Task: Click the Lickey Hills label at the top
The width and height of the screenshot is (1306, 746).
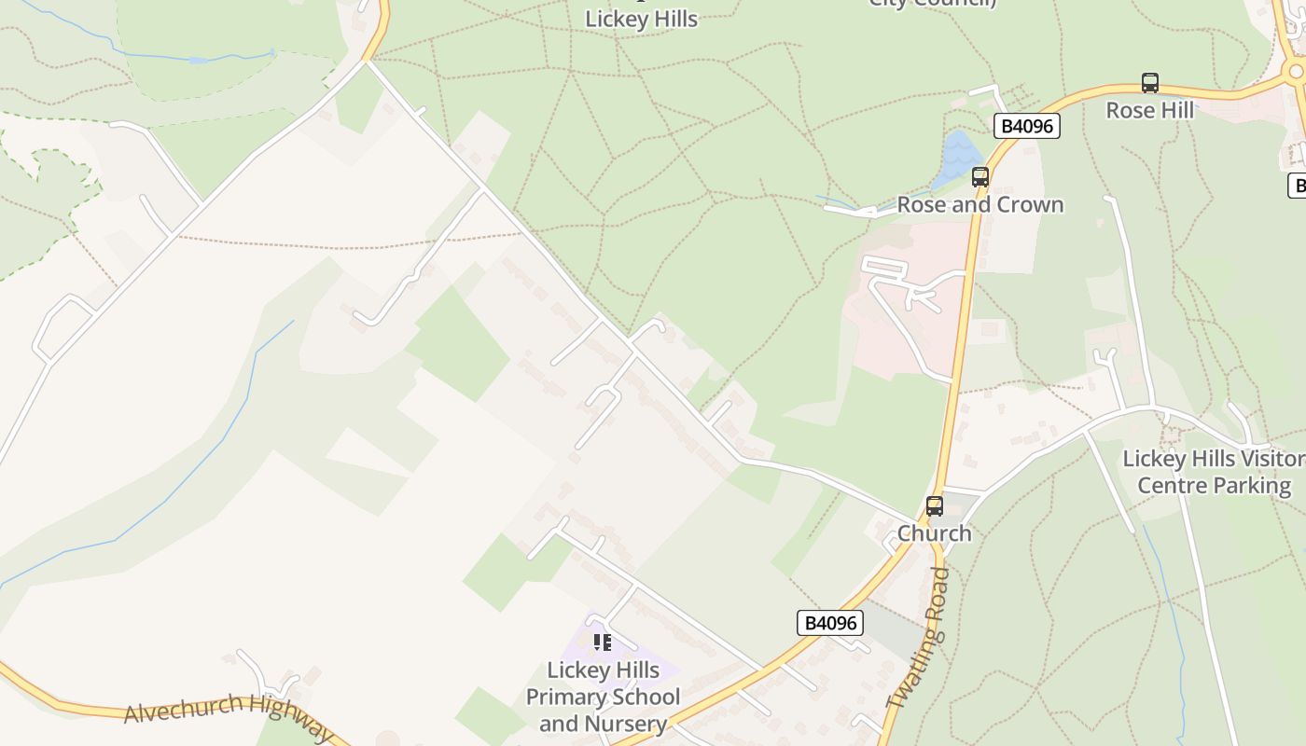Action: (x=641, y=19)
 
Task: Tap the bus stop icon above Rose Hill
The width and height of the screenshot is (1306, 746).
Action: (x=1150, y=83)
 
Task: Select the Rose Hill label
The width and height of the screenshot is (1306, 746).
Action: (x=1149, y=110)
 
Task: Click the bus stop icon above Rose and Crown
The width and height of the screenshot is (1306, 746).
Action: (x=979, y=176)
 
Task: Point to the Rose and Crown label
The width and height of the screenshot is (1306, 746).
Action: (x=979, y=204)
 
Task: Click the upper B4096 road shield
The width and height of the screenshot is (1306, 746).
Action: (x=1026, y=126)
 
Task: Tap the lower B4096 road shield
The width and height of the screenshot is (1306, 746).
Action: (x=829, y=623)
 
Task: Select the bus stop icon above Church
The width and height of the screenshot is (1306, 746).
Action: (x=934, y=506)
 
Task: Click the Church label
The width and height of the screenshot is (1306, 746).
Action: (x=934, y=533)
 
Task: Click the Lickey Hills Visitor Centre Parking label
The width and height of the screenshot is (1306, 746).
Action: (x=1214, y=472)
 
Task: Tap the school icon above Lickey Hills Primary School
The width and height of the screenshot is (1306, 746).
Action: (x=603, y=642)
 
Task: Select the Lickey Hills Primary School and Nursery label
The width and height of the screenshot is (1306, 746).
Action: (x=603, y=697)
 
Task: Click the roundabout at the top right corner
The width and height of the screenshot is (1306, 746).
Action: (x=1295, y=71)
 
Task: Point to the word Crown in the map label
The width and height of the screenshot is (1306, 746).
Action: (x=1028, y=204)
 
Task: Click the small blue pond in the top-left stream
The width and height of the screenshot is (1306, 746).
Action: (x=198, y=61)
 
